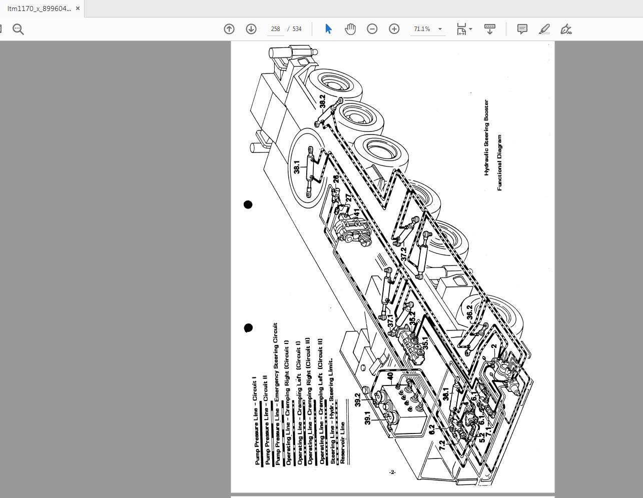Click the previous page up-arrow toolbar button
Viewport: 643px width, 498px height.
pos(229,29)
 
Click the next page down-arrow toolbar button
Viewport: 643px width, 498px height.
pos(251,29)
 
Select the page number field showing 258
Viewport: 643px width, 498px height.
pos(275,29)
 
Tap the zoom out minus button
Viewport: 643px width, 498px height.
pos(372,29)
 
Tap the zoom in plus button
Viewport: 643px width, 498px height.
pos(394,29)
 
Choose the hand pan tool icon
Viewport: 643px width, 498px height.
pos(350,29)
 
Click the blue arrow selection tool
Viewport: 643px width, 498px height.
pos(328,29)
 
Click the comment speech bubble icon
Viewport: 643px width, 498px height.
pos(522,29)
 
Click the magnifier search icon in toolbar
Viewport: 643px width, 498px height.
pos(19,29)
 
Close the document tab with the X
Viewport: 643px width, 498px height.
pos(78,8)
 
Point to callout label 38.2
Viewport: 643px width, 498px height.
pos(322,101)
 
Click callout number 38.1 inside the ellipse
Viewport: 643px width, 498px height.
pos(297,167)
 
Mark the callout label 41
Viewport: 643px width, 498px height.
pos(356,212)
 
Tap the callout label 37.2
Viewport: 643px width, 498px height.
pos(404,254)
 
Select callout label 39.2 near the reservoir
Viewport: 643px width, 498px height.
pos(358,399)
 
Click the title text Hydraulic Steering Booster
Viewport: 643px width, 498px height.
pos(486,137)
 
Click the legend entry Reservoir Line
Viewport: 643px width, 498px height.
pos(343,443)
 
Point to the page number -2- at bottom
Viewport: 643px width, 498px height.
pos(392,472)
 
